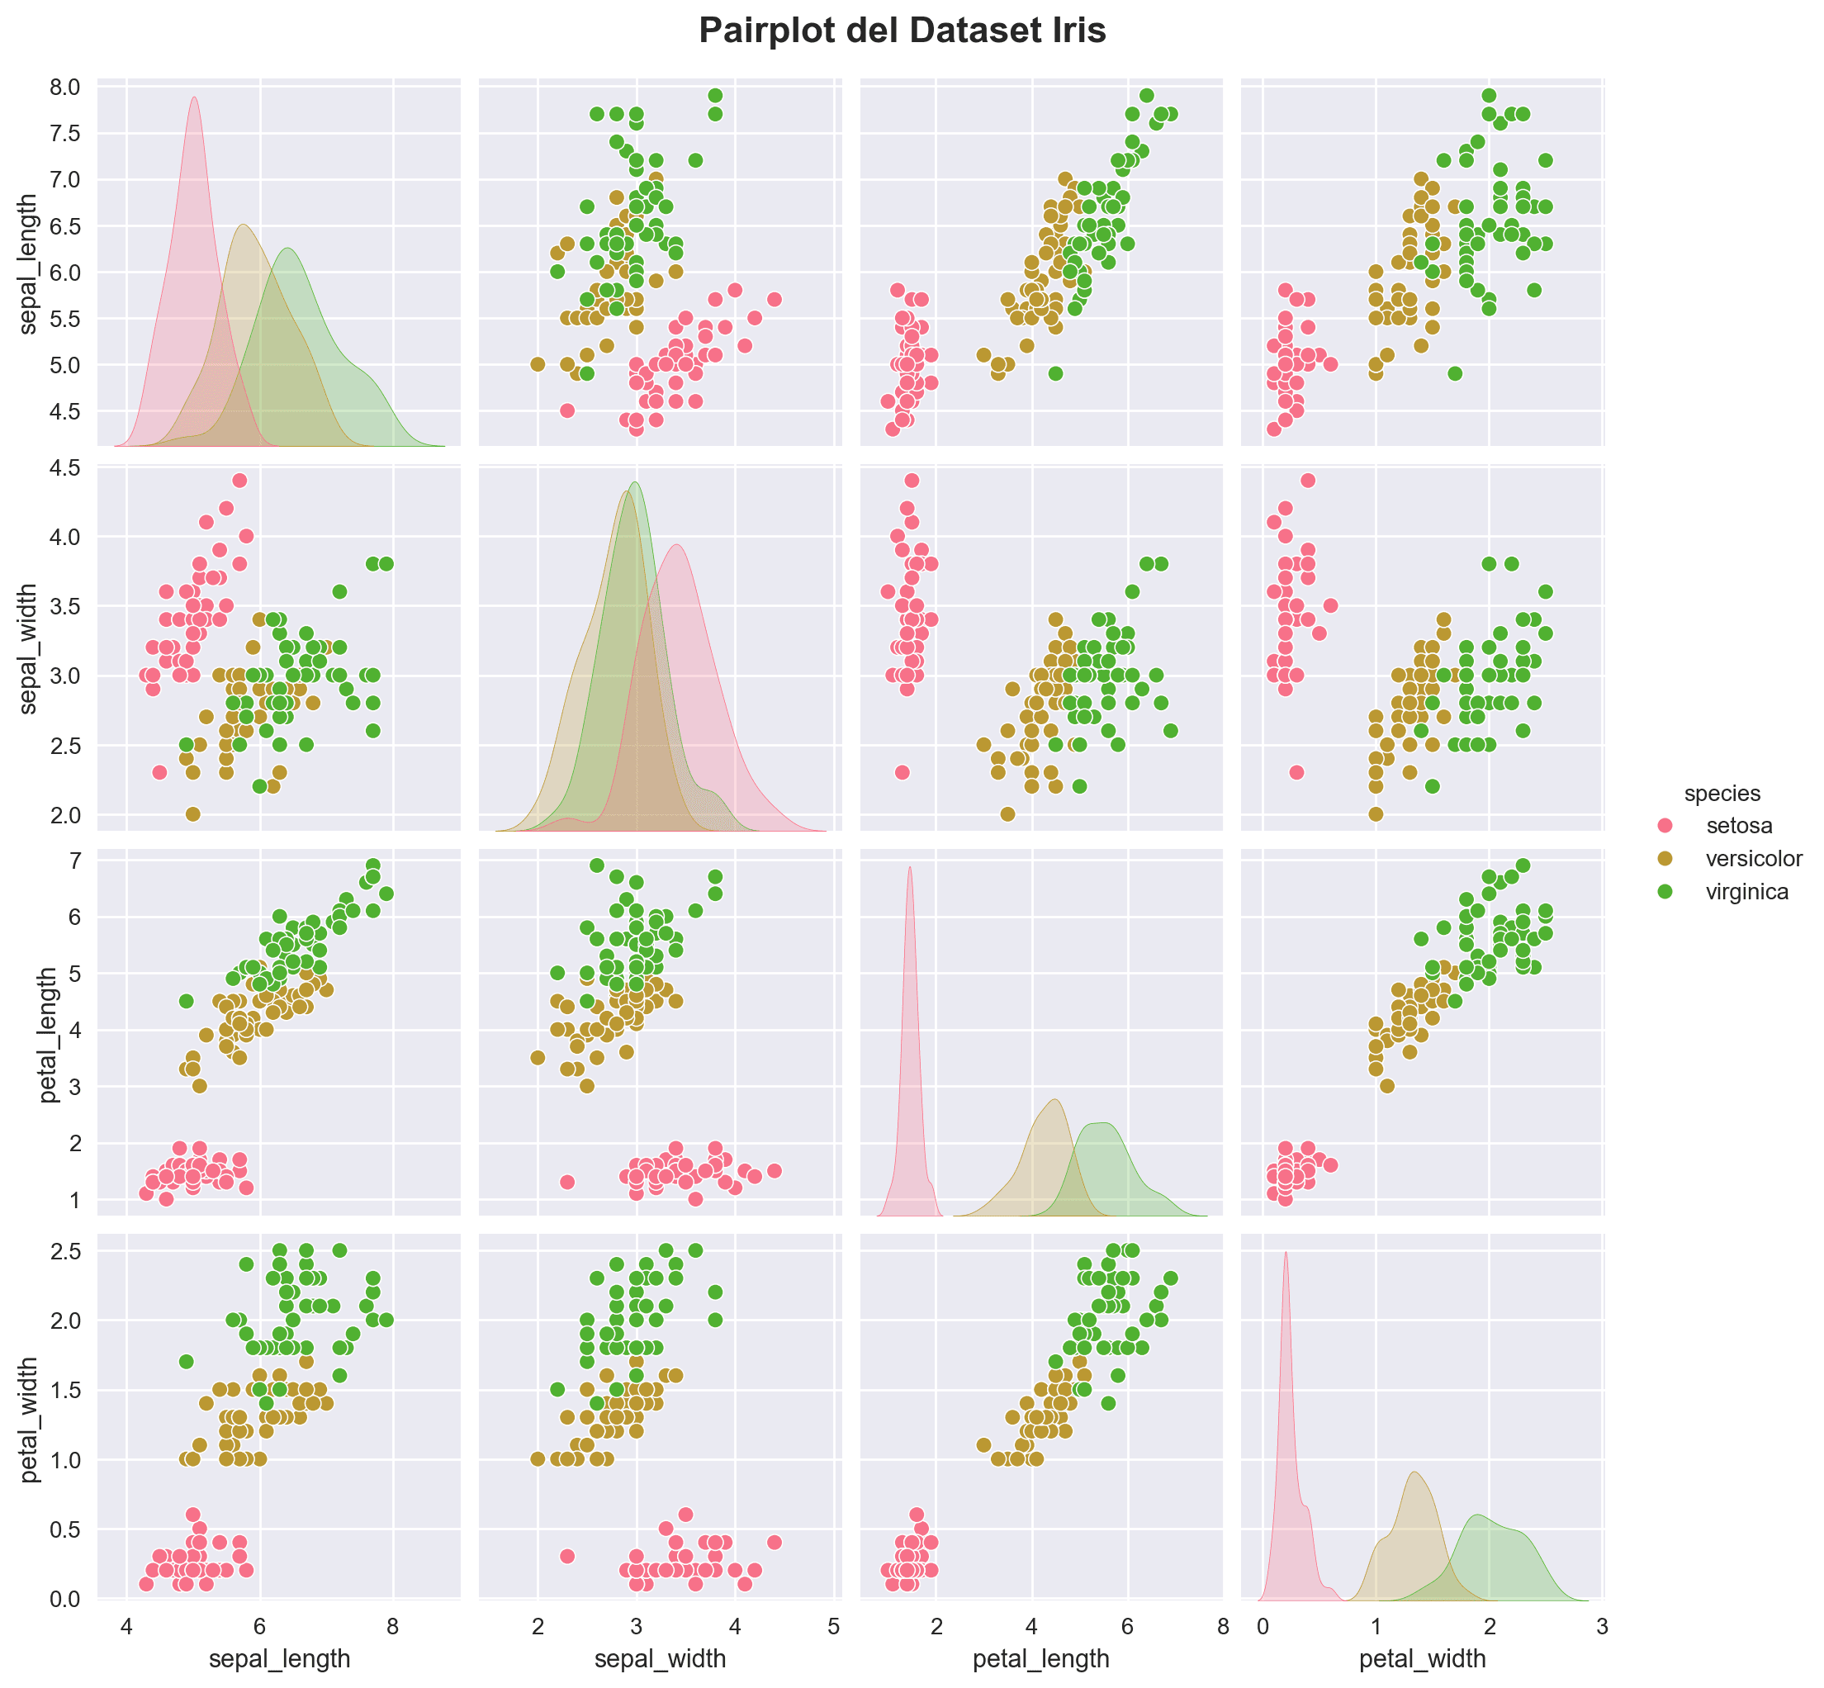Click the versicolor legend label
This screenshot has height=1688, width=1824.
[1754, 859]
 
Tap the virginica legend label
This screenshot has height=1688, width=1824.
[1746, 892]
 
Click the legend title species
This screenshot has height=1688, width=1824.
[1722, 793]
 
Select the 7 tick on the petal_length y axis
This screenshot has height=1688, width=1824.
[73, 860]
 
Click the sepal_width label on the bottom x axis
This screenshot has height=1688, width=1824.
[661, 1658]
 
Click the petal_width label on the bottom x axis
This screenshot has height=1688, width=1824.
[1422, 1658]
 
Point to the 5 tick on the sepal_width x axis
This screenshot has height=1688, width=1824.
[833, 1626]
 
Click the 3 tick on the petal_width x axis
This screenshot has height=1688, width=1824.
[1602, 1626]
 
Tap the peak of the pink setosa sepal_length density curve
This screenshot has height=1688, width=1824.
[195, 97]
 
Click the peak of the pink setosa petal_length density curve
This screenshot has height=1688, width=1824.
[910, 868]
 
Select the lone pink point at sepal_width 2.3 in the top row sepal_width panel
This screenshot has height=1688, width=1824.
[566, 410]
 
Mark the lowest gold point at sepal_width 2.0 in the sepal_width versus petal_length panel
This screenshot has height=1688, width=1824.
[1007, 814]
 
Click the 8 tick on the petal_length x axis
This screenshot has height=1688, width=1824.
[1223, 1626]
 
